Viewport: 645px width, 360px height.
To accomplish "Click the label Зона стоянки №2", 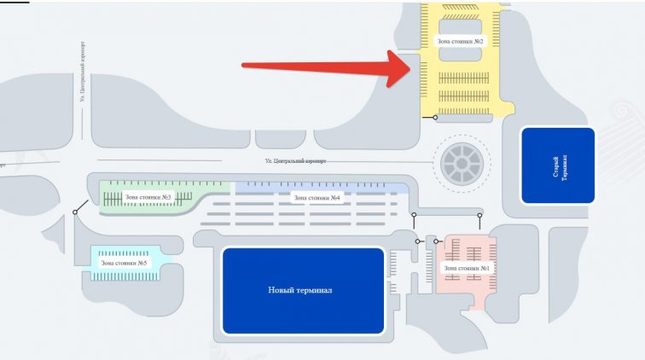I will (x=461, y=41).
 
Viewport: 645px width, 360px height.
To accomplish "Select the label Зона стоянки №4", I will (x=317, y=198).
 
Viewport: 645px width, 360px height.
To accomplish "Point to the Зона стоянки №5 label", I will (x=125, y=263).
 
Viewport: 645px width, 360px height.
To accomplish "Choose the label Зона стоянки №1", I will (x=467, y=268).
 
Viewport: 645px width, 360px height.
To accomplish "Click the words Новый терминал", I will (x=299, y=290).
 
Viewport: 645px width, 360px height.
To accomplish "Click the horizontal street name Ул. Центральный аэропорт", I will (x=295, y=160).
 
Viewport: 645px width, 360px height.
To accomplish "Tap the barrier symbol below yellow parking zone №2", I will (x=436, y=118).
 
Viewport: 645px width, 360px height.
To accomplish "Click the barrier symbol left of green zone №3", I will (x=76, y=211).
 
